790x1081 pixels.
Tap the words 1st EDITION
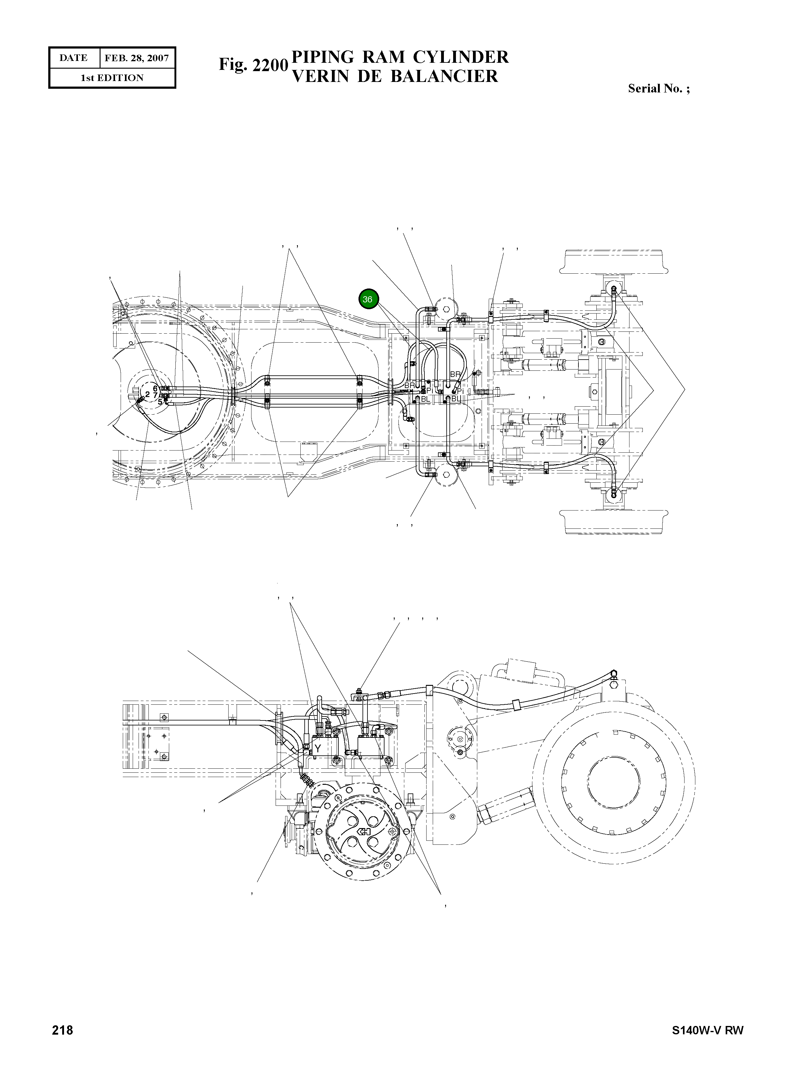coord(112,78)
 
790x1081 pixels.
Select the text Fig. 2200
coord(253,65)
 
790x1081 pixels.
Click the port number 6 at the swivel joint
coord(155,388)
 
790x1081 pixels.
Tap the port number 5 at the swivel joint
coord(160,402)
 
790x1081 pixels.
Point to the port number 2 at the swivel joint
coord(147,395)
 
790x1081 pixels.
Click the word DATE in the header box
coord(74,58)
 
